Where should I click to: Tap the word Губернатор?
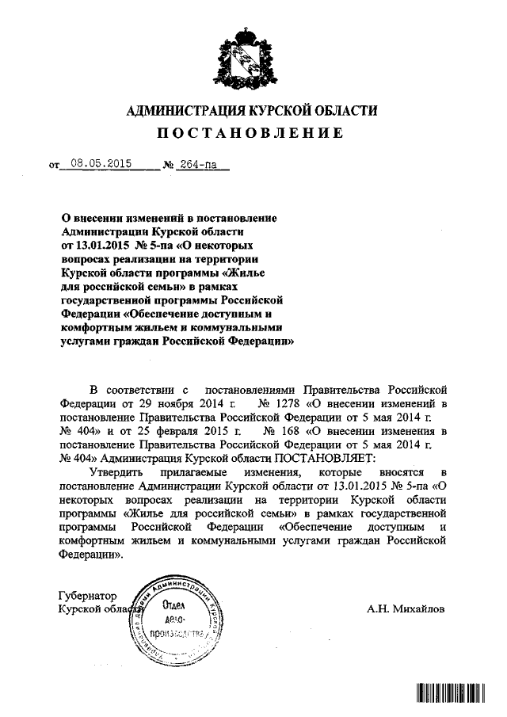[x=88, y=595]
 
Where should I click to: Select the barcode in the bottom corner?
[x=449, y=693]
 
